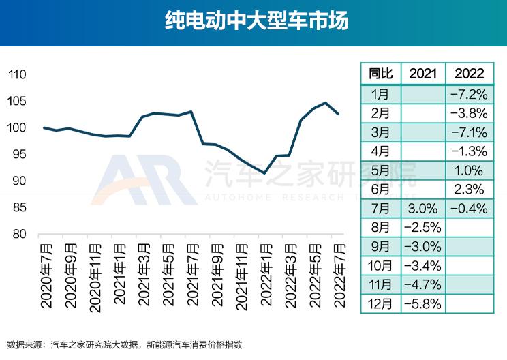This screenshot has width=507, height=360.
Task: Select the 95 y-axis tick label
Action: (18, 155)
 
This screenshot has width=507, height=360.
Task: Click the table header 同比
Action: (380, 74)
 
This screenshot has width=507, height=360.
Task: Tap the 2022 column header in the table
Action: (469, 74)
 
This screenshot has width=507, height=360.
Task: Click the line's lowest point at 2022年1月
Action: (264, 173)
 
